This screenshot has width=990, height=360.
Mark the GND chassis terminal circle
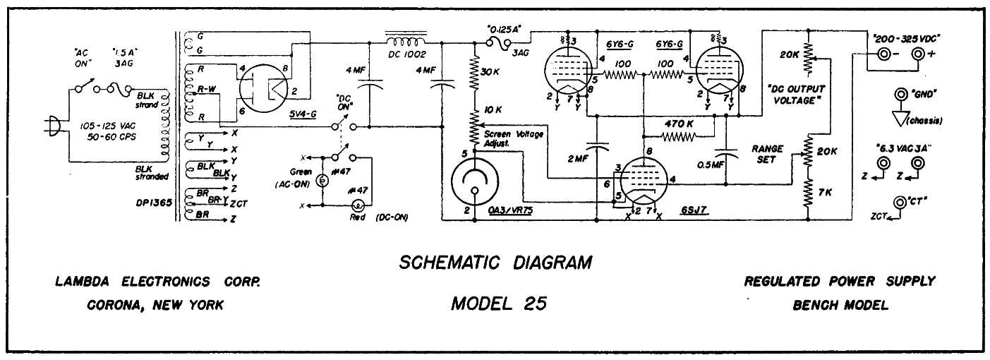tap(900, 95)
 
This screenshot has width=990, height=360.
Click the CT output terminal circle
tap(900, 203)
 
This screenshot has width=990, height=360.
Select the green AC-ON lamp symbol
tap(321, 180)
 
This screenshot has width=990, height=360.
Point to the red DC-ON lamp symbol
tap(358, 205)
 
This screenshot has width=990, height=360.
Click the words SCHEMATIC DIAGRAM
tap(495, 263)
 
